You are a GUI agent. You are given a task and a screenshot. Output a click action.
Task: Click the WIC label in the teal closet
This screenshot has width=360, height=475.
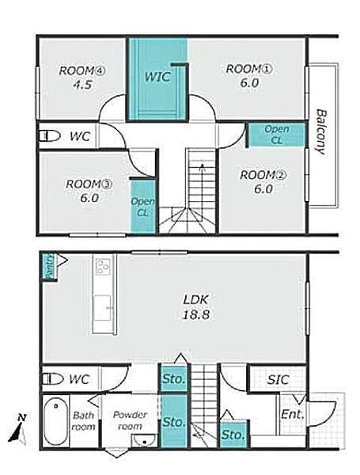click(x=157, y=77)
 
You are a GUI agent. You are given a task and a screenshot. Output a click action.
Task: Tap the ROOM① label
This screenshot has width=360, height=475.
click(x=249, y=69)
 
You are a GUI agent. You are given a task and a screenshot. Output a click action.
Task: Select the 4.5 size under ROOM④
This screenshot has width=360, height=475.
click(x=82, y=85)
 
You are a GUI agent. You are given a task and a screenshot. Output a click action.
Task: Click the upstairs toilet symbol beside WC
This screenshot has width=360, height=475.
click(x=50, y=135)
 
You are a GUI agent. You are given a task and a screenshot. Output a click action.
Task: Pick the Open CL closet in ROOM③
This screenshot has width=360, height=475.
click(x=142, y=207)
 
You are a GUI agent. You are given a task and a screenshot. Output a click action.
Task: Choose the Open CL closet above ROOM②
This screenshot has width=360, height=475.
click(x=277, y=135)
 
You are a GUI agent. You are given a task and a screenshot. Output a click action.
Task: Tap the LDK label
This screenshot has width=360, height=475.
click(x=196, y=299)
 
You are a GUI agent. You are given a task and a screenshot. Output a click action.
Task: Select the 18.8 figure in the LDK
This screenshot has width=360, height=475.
click(x=196, y=315)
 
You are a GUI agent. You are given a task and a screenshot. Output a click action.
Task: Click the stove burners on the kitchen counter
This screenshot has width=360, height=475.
click(x=103, y=267)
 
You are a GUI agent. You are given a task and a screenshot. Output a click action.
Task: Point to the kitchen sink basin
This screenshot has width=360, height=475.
click(x=103, y=308)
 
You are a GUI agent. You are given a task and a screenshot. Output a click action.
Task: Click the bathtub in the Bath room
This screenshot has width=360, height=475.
click(x=55, y=421)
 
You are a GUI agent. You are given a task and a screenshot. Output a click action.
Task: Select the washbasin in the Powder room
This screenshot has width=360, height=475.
click(x=145, y=440)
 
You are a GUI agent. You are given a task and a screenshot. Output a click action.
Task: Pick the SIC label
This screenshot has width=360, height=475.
click(x=278, y=379)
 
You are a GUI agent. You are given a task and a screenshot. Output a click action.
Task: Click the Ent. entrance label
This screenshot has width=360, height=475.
click(x=292, y=414)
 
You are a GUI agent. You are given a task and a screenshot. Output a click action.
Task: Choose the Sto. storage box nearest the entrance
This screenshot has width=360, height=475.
click(x=233, y=435)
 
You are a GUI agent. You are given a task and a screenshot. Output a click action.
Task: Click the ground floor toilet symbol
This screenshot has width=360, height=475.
click(x=52, y=379)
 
